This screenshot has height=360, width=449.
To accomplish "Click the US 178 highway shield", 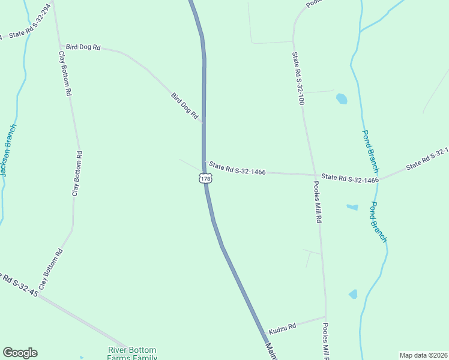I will click(205, 179).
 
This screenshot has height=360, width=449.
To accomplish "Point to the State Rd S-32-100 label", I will click(298, 78).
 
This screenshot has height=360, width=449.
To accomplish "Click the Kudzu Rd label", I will click(282, 328).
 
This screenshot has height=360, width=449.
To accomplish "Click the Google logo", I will click(20, 353).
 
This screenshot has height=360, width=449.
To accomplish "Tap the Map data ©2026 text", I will click(423, 355).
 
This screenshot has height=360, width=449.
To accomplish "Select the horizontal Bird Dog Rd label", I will click(83, 46).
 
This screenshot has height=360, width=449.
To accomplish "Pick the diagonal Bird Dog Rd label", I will click(184, 106).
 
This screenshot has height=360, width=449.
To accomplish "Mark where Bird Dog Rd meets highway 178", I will click(203, 122).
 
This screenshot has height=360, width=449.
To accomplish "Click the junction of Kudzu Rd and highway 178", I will click(264, 334).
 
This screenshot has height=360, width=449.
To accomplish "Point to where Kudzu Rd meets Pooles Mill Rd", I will click(325, 317).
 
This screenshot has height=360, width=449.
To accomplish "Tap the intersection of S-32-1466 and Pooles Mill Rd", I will click(315, 175).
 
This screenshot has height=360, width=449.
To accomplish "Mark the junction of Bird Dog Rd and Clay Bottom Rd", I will click(60, 46).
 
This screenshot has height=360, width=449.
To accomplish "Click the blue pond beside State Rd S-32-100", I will click(342, 98).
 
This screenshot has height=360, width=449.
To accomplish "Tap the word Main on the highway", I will click(270, 352).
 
